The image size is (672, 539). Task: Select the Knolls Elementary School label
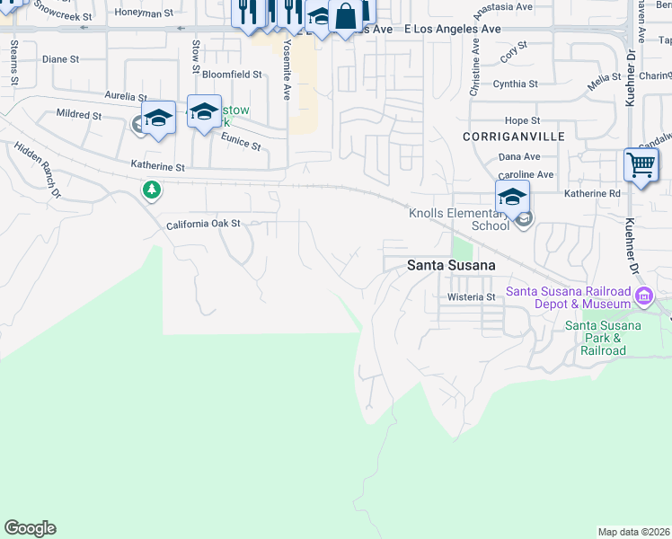click(x=459, y=219)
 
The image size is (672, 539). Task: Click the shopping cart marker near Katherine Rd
click(x=641, y=165)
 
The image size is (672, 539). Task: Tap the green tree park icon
click(x=152, y=190)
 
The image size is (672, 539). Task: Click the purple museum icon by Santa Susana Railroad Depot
click(x=643, y=296)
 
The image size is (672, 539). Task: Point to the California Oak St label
click(x=204, y=224)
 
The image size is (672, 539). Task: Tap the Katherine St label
click(x=157, y=166)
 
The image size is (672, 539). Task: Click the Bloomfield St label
click(x=232, y=75)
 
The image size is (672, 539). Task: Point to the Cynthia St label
click(x=515, y=84)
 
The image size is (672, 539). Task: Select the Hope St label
click(x=522, y=120)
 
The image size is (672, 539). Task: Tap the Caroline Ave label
click(x=526, y=174)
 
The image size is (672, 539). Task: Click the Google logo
click(x=30, y=528)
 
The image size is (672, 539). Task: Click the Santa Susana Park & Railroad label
click(x=603, y=338)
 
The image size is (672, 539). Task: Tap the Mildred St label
click(x=78, y=115)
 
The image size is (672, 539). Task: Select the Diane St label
click(x=61, y=59)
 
